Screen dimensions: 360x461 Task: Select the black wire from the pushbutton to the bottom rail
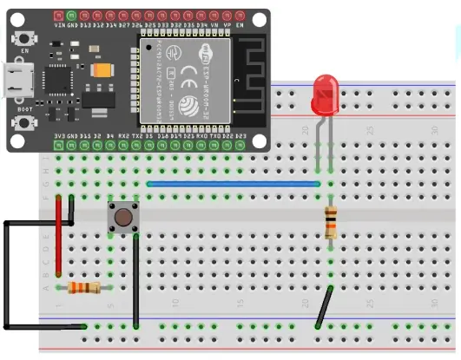[136, 278]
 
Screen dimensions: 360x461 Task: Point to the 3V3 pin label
[59, 135]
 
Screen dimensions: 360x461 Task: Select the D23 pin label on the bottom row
[240, 135]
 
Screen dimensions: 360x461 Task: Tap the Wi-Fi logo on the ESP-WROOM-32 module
[207, 53]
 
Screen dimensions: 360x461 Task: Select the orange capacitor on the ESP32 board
[102, 69]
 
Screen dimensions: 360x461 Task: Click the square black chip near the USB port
[57, 79]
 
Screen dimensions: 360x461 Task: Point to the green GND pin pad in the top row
[72, 15]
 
